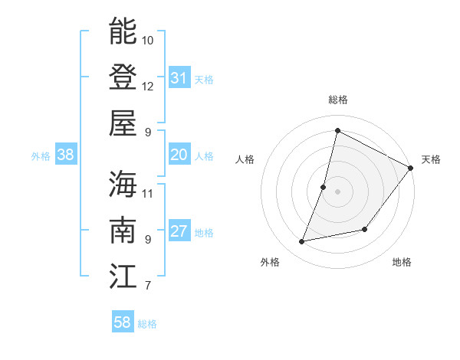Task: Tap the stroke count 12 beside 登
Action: tap(148, 86)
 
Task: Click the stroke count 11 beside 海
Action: tap(148, 192)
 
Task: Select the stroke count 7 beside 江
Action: tap(147, 286)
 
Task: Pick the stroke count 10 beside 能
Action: tap(148, 39)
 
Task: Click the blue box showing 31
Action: tap(179, 77)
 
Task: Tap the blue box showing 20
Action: tap(179, 155)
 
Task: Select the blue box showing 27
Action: tap(179, 232)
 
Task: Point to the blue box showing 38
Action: tap(65, 155)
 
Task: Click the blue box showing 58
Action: tap(122, 322)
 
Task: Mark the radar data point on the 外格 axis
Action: tap(302, 242)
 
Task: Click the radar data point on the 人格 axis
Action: tap(324, 187)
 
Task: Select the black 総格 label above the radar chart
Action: tap(337, 100)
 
